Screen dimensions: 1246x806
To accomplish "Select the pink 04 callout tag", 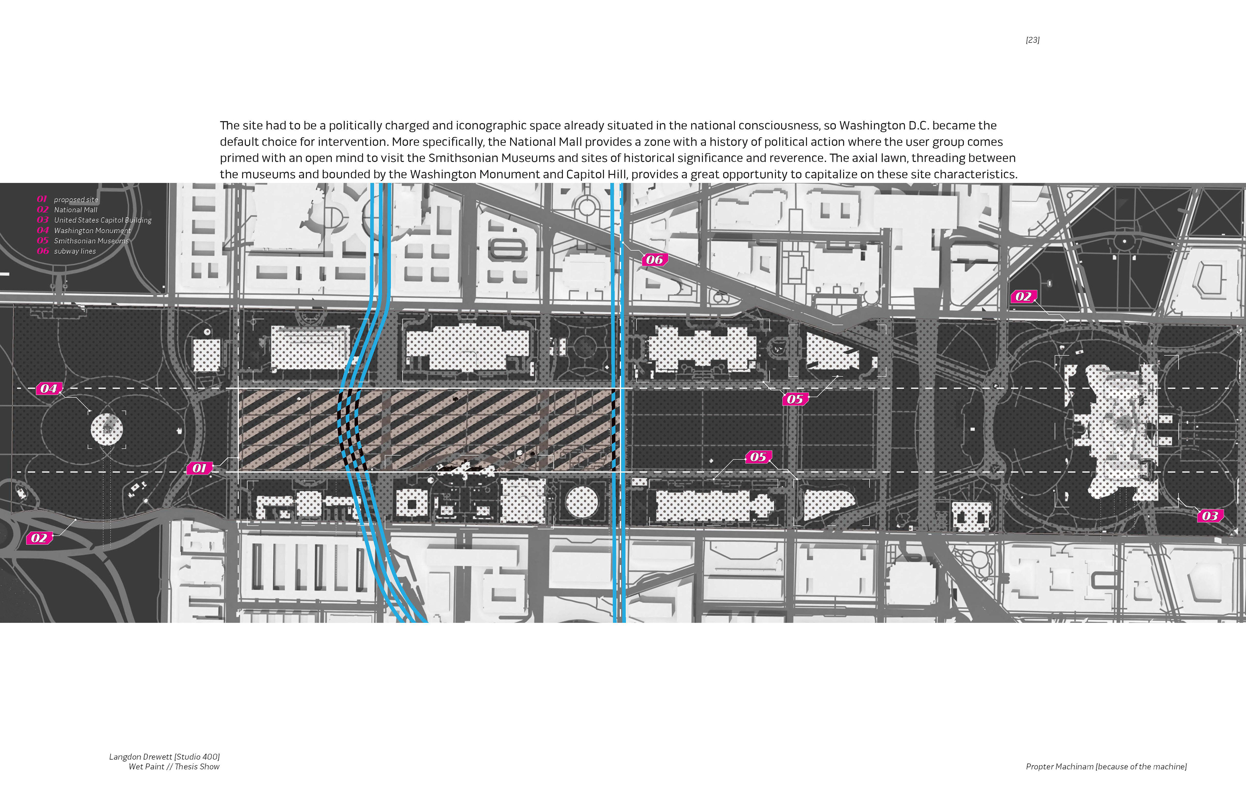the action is click(x=49, y=388).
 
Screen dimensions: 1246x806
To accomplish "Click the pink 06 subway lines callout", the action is click(x=654, y=259).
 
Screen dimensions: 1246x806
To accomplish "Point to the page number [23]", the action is click(x=1032, y=40).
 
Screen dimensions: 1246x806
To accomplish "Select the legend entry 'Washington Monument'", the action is click(x=92, y=230).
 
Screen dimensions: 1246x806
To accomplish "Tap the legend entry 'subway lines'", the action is click(x=75, y=251).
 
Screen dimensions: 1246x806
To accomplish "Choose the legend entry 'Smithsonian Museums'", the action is click(x=91, y=241).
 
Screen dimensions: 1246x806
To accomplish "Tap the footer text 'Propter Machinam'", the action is click(x=1060, y=767).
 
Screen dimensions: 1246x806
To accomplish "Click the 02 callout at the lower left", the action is click(x=39, y=538).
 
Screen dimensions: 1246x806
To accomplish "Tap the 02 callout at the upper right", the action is click(x=1023, y=297).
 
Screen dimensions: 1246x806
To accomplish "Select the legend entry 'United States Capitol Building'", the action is click(x=103, y=220).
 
